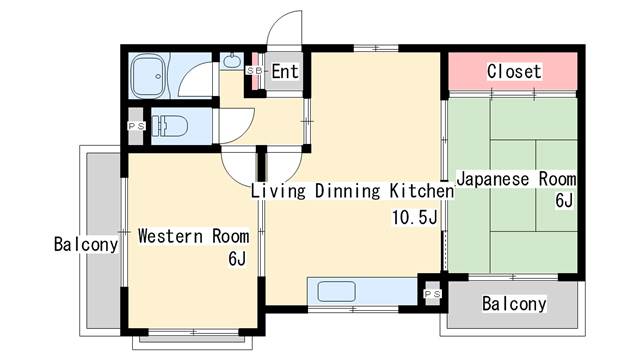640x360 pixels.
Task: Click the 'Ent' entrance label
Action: tap(285, 71)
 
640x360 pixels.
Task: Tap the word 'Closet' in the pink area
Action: tap(514, 71)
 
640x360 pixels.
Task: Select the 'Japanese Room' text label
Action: tap(516, 180)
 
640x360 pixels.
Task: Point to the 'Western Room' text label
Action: tap(193, 237)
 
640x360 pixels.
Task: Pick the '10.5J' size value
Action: tap(416, 217)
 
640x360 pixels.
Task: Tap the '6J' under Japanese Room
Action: tap(564, 201)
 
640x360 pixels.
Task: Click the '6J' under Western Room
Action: tap(236, 260)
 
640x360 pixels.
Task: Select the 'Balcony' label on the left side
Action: tap(86, 244)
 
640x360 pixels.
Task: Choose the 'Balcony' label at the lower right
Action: tap(514, 304)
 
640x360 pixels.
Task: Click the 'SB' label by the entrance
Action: tap(253, 71)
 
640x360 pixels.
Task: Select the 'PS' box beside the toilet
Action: tap(135, 126)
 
